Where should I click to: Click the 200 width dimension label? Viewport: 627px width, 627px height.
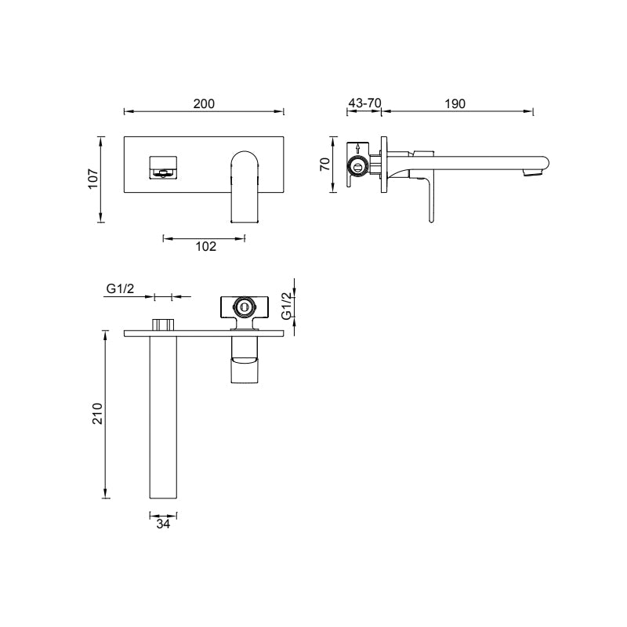[x=205, y=103]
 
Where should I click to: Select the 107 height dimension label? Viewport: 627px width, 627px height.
[x=92, y=179]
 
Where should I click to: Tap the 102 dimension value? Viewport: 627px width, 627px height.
[x=205, y=246]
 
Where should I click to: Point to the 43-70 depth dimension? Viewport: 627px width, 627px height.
[x=364, y=103]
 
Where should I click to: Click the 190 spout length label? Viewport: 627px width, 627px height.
[x=455, y=103]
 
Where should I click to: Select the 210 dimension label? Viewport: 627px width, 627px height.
[x=97, y=413]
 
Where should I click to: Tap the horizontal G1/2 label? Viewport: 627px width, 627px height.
[x=120, y=288]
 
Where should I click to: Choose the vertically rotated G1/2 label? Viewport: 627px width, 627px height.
[x=287, y=305]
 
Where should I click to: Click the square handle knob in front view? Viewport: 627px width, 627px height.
[x=163, y=167]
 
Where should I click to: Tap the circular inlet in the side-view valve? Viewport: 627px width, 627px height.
[x=358, y=166]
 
